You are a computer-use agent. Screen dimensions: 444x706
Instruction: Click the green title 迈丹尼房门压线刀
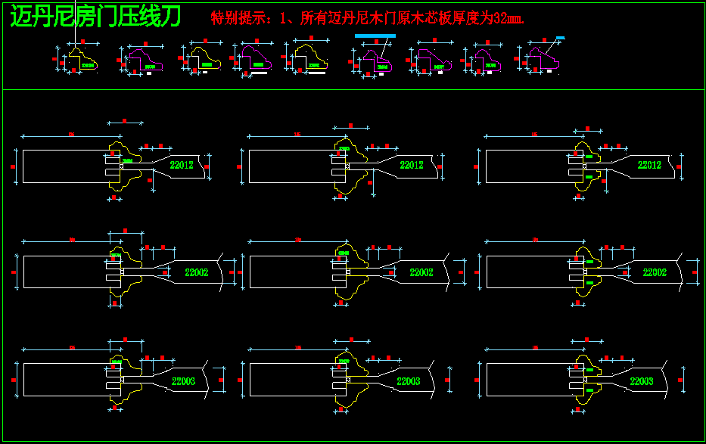(95, 17)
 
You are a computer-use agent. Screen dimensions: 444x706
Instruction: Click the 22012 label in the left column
(182, 165)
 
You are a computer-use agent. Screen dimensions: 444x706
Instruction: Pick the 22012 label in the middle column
(411, 165)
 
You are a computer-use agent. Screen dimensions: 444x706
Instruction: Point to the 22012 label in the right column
(649, 165)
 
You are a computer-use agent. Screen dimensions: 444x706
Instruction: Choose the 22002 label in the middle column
(421, 272)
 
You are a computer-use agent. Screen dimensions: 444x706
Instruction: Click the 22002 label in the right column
(655, 272)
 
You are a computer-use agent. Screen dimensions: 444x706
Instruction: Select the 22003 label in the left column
(184, 381)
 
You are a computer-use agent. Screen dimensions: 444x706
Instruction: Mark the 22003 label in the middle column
(409, 381)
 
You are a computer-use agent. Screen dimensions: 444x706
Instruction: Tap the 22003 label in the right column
(642, 381)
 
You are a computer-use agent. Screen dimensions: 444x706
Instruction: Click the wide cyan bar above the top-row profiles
(375, 36)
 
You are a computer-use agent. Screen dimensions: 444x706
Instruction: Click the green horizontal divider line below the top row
(353, 90)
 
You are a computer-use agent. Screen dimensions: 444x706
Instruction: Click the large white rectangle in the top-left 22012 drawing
(61, 166)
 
